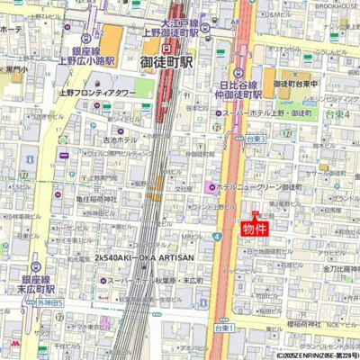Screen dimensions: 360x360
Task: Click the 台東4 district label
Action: point(337,115)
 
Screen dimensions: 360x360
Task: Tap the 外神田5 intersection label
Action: point(49,303)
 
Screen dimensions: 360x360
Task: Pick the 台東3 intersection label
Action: point(256,139)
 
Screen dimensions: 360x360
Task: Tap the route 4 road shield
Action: point(217,237)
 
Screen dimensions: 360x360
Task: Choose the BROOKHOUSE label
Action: point(337,5)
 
